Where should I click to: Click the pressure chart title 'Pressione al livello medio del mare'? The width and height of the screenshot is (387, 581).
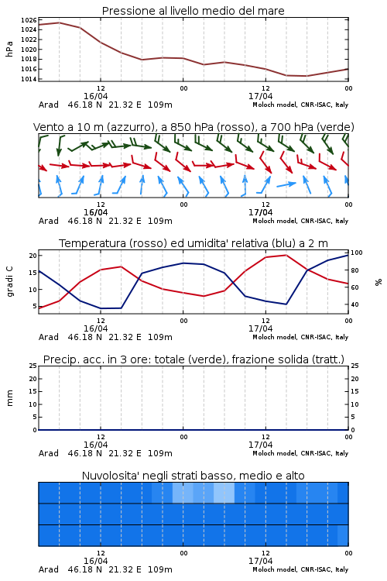coord(193,11)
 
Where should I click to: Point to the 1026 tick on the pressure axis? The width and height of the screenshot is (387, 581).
coord(29,20)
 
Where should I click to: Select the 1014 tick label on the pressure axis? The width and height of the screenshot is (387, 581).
coord(29,78)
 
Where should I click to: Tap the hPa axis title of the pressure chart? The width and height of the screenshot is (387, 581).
coord(9,50)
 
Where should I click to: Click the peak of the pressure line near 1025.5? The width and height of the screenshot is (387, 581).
coord(60,22)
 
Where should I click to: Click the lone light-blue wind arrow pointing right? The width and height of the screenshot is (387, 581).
coord(286,184)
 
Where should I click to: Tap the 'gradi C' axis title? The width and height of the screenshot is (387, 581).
coord(9,281)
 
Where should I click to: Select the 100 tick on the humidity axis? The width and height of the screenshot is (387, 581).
coord(357,253)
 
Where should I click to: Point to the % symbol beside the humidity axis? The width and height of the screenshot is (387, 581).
coord(378,282)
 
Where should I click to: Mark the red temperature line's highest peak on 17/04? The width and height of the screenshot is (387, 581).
coord(286,255)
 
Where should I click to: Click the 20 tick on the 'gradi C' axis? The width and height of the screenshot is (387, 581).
coord(33,256)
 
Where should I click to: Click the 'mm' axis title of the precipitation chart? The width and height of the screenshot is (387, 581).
coord(9,397)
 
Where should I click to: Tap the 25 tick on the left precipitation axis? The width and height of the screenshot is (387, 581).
coord(33,366)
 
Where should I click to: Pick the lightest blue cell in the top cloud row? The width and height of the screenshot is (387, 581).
coord(224,493)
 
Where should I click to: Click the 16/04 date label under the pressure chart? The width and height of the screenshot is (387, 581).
coord(95,96)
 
